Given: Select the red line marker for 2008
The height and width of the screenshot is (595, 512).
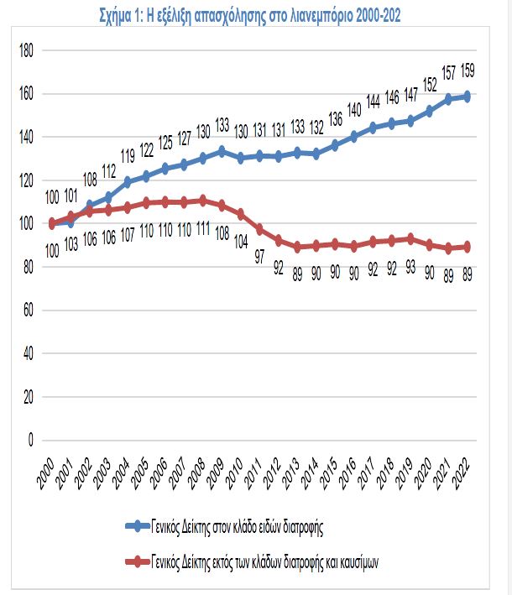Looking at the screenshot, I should [203, 200].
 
